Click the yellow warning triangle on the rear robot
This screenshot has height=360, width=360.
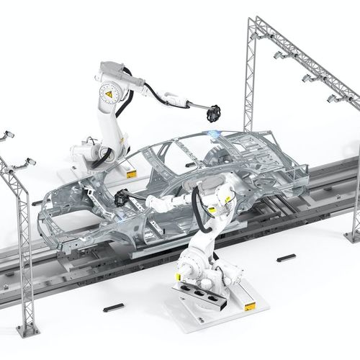point(109,93)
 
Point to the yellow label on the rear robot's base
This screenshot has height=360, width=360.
point(130,174)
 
